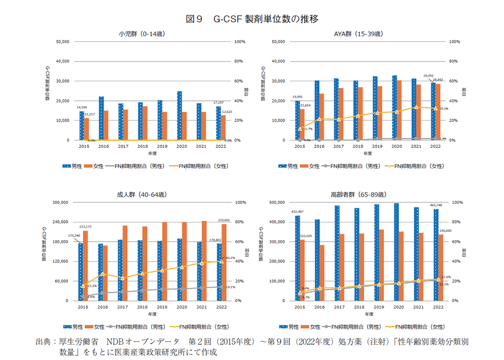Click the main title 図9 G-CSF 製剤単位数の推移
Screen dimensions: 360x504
[x=252, y=19]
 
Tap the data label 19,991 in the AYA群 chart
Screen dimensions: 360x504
[x=298, y=97]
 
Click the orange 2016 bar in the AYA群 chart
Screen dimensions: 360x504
[x=321, y=116]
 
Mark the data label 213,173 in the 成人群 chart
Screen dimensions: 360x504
[x=85, y=227]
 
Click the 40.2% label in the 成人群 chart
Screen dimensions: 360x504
[x=229, y=258]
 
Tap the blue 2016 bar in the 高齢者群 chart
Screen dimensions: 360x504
[x=317, y=260]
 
